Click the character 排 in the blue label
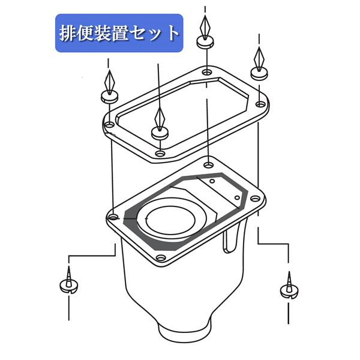pyautogui.click(x=68, y=33)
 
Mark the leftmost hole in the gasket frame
pyautogui.click(x=110, y=125)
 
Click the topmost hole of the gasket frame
pyautogui.click(x=206, y=73)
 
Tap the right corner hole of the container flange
pyautogui.click(x=254, y=198)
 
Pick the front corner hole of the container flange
pyautogui.click(x=160, y=259)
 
